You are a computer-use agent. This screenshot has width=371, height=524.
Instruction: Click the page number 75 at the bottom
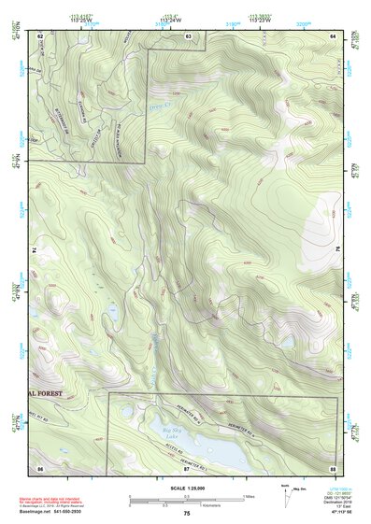[187, 514]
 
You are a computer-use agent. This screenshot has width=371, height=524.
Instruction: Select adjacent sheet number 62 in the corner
[40, 35]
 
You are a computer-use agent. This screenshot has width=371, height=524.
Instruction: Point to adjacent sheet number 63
[188, 35]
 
